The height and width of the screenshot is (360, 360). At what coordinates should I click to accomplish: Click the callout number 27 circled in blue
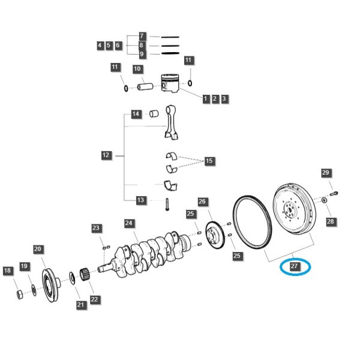[294, 266]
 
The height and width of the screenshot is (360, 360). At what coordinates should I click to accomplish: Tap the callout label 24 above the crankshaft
[129, 223]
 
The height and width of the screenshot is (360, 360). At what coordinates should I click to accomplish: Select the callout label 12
[106, 155]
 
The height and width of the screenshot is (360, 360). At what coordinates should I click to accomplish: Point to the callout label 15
[209, 160]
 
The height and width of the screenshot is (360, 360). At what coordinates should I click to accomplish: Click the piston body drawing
[170, 83]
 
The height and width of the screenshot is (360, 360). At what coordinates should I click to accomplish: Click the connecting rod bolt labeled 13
[167, 205]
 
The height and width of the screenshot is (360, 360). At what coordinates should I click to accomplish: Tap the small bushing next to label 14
[154, 113]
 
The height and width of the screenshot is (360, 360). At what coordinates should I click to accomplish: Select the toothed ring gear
[252, 222]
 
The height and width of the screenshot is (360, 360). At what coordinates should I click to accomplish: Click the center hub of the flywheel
[290, 209]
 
